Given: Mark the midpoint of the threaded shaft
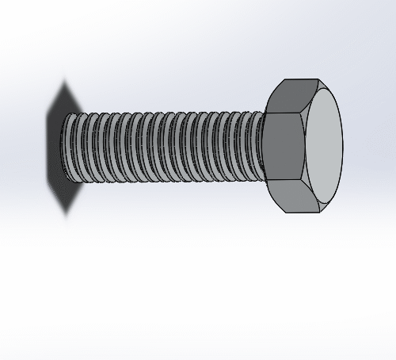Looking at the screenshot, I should pos(162,148).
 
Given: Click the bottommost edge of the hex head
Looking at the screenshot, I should pos(301,213).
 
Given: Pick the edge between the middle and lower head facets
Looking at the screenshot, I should pos(285,184).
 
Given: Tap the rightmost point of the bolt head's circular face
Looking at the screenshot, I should pos(344,147).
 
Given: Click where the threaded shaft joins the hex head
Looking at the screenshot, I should pos(265,148).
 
